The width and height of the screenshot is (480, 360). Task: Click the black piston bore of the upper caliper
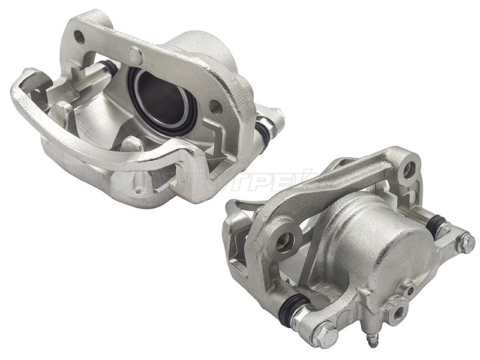[157, 96]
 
